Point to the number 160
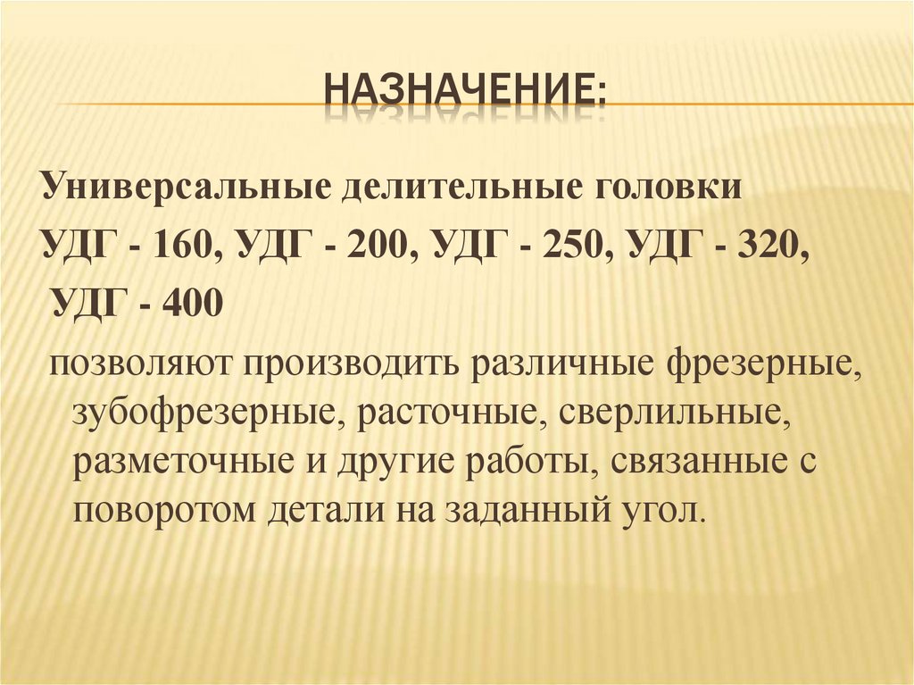pyautogui.click(x=183, y=244)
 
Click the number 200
pyautogui.click(x=379, y=244)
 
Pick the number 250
pyautogui.click(x=575, y=244)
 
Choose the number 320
pyautogui.click(x=770, y=244)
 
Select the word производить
pyautogui.click(x=358, y=366)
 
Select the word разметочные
pyautogui.click(x=184, y=463)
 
